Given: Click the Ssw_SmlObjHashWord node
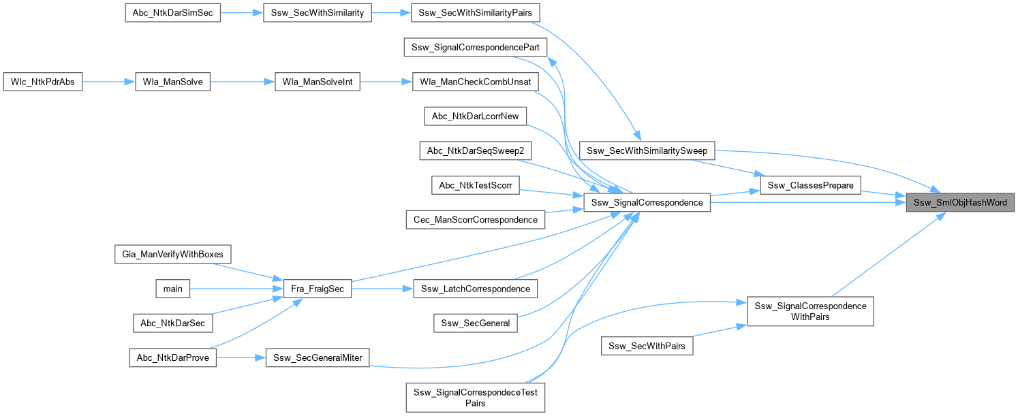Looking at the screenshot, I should click(959, 203).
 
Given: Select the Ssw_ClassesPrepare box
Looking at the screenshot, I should click(809, 185).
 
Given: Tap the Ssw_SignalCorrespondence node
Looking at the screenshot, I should click(647, 202).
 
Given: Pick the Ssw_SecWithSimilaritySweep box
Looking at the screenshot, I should click(647, 150).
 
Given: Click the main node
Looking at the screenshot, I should click(173, 289).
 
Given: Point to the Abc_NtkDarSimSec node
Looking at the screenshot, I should click(172, 14).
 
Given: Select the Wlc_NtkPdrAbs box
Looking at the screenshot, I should click(43, 82).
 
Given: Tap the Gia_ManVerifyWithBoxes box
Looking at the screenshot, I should click(173, 255).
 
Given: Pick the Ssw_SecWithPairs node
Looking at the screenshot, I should click(647, 346).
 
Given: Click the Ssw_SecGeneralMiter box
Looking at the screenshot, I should click(318, 357).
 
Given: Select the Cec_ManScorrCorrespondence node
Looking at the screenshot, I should click(474, 219).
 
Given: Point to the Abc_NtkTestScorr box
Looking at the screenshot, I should click(476, 185).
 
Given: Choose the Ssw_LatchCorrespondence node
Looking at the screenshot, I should click(476, 289).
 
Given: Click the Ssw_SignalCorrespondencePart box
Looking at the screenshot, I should click(476, 48).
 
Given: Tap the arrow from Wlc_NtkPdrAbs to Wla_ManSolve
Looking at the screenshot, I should click(108, 82).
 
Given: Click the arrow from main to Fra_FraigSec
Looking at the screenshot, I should click(231, 289).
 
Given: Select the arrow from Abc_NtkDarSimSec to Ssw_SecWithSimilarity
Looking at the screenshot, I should click(242, 14).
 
